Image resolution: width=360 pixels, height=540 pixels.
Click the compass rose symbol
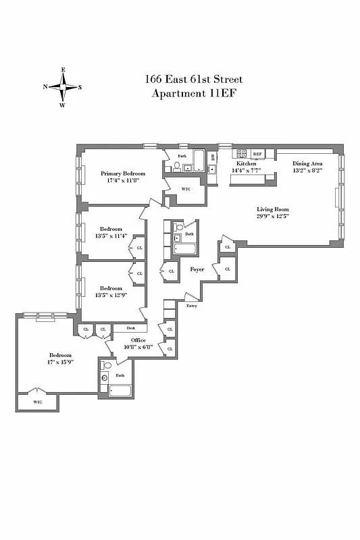click(x=63, y=86)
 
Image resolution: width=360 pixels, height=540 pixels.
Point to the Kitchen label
click(x=245, y=163)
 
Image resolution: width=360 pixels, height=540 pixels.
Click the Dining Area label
click(x=307, y=163)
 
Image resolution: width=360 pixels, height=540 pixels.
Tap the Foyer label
click(x=197, y=269)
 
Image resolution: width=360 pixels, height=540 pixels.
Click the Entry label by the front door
click(x=192, y=306)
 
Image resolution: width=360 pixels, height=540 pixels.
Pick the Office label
click(x=138, y=340)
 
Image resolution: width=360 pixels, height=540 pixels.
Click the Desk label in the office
click(x=130, y=328)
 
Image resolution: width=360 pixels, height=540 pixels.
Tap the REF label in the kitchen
click(x=257, y=155)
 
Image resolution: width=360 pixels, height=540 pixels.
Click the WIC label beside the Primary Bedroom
click(x=186, y=189)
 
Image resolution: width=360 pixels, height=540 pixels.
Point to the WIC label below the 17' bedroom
click(x=35, y=402)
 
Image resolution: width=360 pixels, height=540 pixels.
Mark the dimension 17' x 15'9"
click(x=60, y=362)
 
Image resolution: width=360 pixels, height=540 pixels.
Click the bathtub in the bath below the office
click(x=121, y=391)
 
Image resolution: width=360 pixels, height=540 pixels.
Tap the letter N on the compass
click(x=45, y=86)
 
